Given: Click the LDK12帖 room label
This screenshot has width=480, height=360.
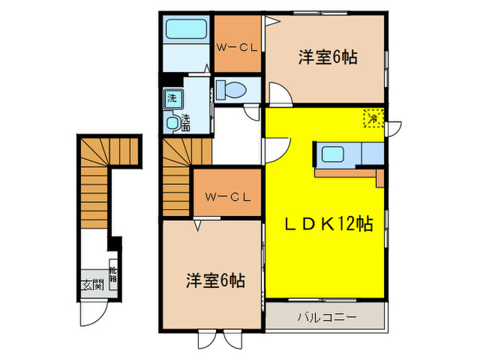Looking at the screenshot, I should click(x=329, y=224).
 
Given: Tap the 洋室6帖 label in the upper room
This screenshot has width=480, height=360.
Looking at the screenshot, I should click(x=327, y=58).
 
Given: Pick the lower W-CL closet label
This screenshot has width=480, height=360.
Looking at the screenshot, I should click(x=226, y=197).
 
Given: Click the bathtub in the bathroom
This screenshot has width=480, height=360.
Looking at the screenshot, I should click(x=187, y=29).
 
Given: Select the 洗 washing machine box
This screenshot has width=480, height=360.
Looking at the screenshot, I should click(x=171, y=98).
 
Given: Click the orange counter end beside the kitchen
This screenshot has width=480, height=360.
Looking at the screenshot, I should click(x=379, y=178).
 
